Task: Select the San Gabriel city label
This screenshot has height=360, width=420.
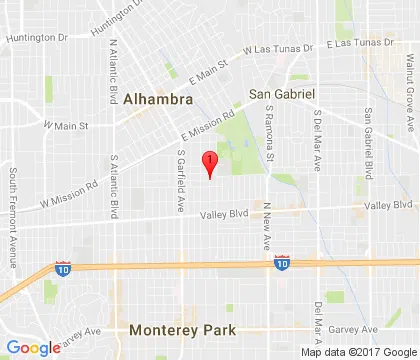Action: (x=282, y=93)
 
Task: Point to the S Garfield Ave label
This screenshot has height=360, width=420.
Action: (x=181, y=181)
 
